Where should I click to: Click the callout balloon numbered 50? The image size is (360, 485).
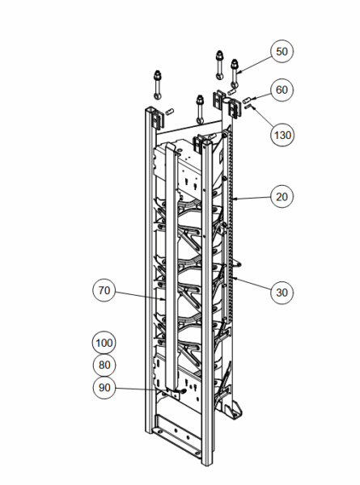pos(282,52)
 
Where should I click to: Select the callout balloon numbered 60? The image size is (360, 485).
pos(282,90)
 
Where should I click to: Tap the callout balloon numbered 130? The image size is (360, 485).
pos(282,135)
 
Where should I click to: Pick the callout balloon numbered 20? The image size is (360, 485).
pos(282,196)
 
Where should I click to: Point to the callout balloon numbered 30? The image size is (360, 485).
pos(282,293)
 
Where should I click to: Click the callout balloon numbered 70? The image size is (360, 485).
pos(104,290)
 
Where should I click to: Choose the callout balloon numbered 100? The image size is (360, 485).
pos(104,343)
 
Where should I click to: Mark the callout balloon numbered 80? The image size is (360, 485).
pos(104,365)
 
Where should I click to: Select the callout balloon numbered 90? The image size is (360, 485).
pos(104,387)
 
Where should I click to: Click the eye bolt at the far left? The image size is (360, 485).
pos(157,85)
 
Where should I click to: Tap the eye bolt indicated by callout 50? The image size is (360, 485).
pos(235,73)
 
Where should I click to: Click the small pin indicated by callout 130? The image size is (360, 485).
pos(248,107)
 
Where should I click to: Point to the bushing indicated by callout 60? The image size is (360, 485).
pos(247,100)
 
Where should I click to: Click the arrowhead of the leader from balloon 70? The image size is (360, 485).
pos(163,299)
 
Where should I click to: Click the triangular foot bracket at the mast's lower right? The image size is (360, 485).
pos(235,410)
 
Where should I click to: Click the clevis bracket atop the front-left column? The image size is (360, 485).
pos(158,118)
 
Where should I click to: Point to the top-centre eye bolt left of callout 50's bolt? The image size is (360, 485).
pos(220,65)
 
